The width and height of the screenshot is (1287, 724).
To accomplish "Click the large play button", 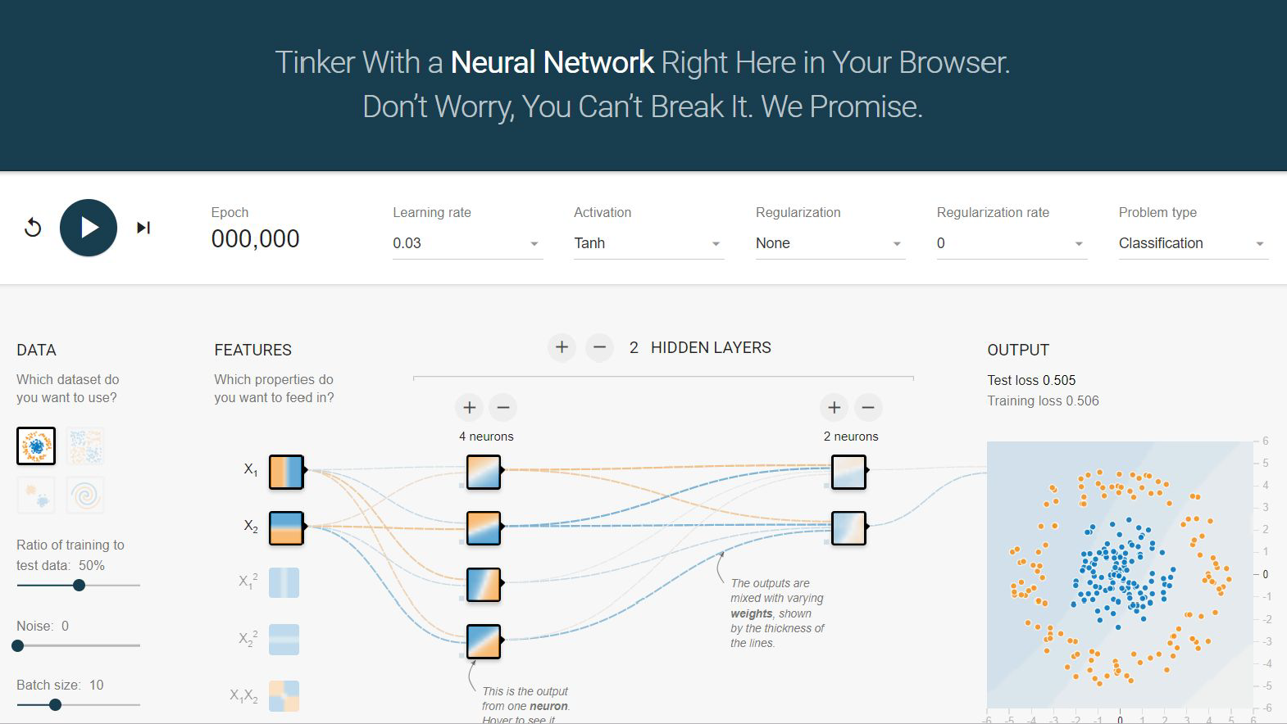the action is pyautogui.click(x=89, y=228).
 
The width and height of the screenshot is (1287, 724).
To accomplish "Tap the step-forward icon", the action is pyautogui.click(x=143, y=228).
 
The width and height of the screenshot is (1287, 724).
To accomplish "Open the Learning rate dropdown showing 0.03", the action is pyautogui.click(x=466, y=243).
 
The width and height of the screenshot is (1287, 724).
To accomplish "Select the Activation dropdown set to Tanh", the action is pyautogui.click(x=648, y=243).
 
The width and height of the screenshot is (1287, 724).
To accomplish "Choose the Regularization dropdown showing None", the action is pyautogui.click(x=830, y=243).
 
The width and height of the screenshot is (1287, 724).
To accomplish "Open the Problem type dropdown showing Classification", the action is pyautogui.click(x=1193, y=243).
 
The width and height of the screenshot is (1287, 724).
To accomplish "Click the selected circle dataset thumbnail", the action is pyautogui.click(x=36, y=446).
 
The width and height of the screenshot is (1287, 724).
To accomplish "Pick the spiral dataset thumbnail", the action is pyautogui.click(x=85, y=495).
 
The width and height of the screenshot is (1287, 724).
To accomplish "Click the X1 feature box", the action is pyautogui.click(x=286, y=472).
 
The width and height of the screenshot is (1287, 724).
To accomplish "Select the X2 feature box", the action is pyautogui.click(x=286, y=528).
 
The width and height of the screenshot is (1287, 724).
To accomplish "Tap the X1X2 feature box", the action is pyautogui.click(x=284, y=696).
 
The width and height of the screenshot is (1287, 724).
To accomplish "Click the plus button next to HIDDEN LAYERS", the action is pyautogui.click(x=562, y=347).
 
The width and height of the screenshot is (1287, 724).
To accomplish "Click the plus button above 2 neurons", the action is pyautogui.click(x=834, y=407).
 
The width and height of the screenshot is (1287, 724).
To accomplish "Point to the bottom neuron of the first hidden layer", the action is pyautogui.click(x=484, y=641).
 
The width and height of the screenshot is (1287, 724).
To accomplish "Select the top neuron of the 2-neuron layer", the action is pyautogui.click(x=848, y=472).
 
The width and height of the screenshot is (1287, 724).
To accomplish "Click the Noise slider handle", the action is pyautogui.click(x=18, y=645).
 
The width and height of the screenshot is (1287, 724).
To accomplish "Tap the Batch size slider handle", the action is pyautogui.click(x=55, y=704).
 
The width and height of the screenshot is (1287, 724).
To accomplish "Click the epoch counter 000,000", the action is pyautogui.click(x=255, y=239).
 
